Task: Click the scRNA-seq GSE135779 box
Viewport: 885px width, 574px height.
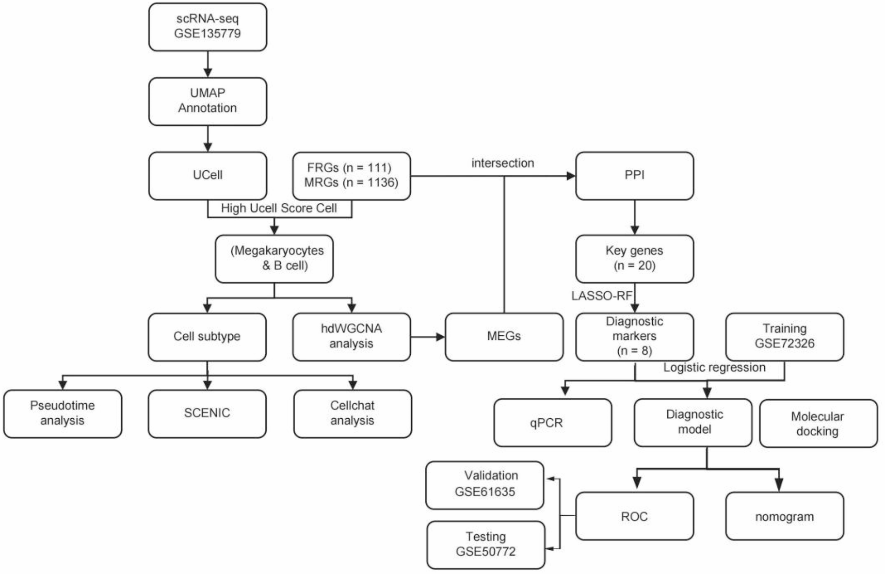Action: pos(208,26)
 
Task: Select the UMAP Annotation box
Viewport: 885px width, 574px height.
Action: pos(208,101)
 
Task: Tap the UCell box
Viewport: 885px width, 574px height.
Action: pos(208,176)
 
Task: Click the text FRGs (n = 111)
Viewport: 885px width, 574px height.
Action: pos(349,168)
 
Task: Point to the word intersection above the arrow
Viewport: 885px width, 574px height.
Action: pos(502,163)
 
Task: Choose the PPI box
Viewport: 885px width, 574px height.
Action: pos(634,176)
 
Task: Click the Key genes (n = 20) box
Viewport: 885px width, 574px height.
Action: pos(634,259)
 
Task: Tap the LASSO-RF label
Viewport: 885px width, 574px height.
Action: pos(602,296)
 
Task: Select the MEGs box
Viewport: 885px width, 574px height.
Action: pos(504,337)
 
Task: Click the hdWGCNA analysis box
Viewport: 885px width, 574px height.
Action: pos(351,337)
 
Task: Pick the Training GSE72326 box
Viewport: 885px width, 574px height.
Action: pos(785,337)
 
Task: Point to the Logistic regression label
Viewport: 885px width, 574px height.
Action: pos(714,368)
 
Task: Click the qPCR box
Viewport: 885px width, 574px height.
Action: pos(552,423)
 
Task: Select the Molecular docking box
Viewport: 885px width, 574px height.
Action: pos(818,424)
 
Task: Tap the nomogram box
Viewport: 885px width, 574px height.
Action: pos(785,516)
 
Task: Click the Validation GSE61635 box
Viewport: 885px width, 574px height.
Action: pos(484,484)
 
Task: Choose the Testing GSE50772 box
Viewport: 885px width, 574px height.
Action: pos(485,544)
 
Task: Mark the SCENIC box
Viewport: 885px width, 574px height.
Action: pos(207,413)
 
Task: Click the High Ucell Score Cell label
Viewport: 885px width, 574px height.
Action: pos(279,208)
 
